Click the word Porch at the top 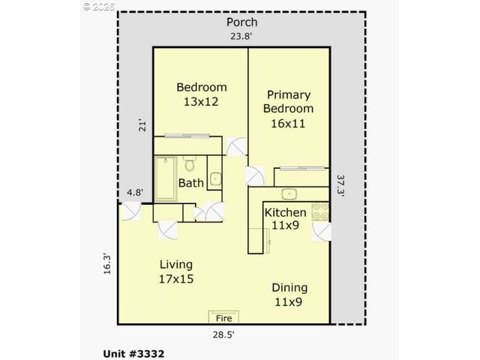click(x=241, y=22)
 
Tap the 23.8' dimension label click(x=241, y=36)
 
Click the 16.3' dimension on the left click(x=106, y=265)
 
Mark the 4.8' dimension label click(x=135, y=193)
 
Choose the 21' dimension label click(x=142, y=125)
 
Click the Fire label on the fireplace click(x=223, y=318)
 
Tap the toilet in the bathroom click(x=190, y=164)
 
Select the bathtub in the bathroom click(x=166, y=178)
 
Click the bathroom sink click(x=215, y=178)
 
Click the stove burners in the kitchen click(x=321, y=211)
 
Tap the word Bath click(x=190, y=182)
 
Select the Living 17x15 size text click(x=176, y=278)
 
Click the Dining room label click(x=289, y=288)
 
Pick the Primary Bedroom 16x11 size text click(x=288, y=124)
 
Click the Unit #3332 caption click(x=133, y=352)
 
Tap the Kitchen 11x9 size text click(x=285, y=224)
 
